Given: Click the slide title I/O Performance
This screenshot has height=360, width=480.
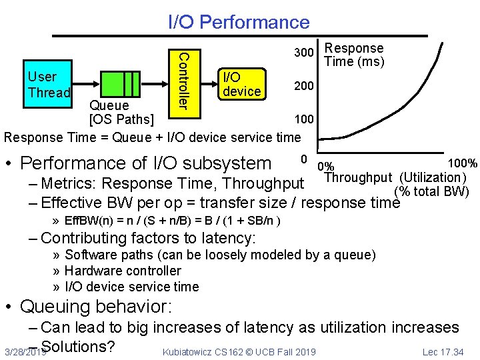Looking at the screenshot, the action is [239, 22].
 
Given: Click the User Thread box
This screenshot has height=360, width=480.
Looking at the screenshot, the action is [47, 85].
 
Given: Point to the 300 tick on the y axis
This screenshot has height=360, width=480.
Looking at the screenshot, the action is [303, 53].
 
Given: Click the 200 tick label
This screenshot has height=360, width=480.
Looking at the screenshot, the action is [303, 86].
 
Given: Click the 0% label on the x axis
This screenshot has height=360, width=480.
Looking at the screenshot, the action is [327, 167].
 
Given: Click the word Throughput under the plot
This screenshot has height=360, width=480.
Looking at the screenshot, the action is [357, 177].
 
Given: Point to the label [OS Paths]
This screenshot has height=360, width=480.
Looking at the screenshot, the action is [121, 120].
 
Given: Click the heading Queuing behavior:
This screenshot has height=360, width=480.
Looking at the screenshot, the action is [96, 307].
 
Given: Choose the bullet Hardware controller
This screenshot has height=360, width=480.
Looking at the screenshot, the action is [123, 271].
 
